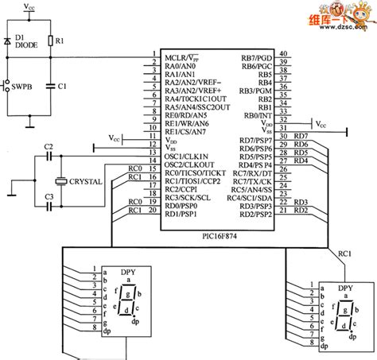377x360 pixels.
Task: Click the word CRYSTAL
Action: click(85, 181)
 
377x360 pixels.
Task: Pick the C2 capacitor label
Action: click(49, 147)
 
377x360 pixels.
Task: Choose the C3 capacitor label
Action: click(49, 196)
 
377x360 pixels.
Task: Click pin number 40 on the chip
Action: click(283, 54)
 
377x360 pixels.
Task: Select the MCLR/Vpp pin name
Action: click(184, 58)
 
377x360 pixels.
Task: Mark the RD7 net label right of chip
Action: click(301, 136)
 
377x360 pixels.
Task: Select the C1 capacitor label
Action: click(61, 84)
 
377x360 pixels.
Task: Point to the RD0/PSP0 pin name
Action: click(182, 205)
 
